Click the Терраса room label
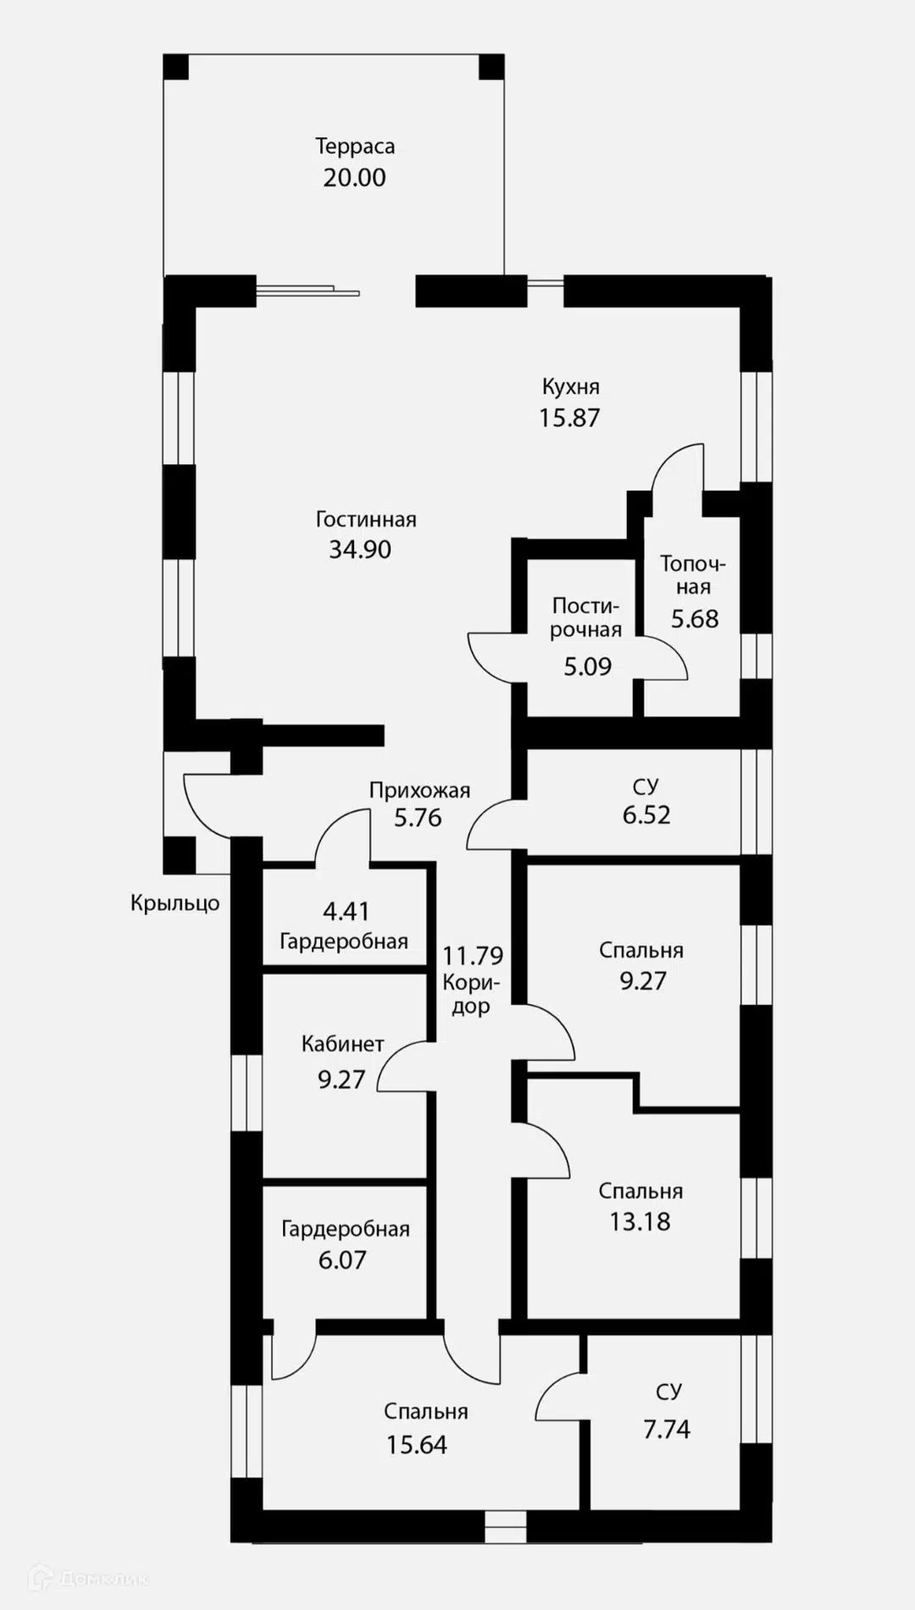click(355, 147)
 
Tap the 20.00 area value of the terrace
click(354, 178)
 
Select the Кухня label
click(570, 387)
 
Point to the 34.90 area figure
click(360, 549)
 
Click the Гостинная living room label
click(366, 519)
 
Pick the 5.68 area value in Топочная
click(695, 619)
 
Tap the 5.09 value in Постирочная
click(588, 666)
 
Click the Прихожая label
click(419, 791)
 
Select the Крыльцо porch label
click(175, 903)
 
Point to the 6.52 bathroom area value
click(646, 815)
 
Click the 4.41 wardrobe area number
click(347, 912)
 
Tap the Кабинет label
click(343, 1044)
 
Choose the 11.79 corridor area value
click(473, 956)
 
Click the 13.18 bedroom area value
click(640, 1222)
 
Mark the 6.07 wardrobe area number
click(342, 1260)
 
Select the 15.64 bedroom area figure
click(417, 1445)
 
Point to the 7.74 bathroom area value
click(667, 1430)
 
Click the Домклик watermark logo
click(88, 1578)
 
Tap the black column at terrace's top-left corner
click(175, 67)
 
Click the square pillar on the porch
click(179, 855)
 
